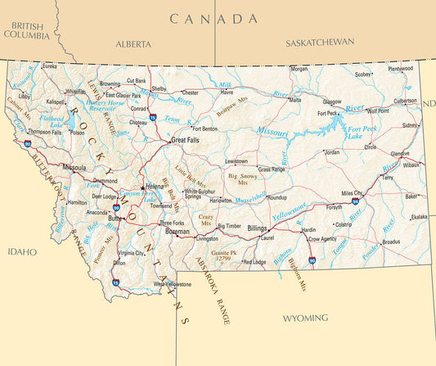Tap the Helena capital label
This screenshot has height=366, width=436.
[x=155, y=187]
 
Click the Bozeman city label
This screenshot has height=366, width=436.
[x=178, y=233]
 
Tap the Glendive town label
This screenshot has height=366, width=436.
[x=400, y=153]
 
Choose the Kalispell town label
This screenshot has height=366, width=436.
[x=56, y=102]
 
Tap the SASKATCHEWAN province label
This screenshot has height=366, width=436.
[x=320, y=42]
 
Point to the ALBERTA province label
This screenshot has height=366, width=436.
[x=133, y=43]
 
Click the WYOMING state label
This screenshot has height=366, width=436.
[x=305, y=317]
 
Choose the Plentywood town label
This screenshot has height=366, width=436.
[x=400, y=70]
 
